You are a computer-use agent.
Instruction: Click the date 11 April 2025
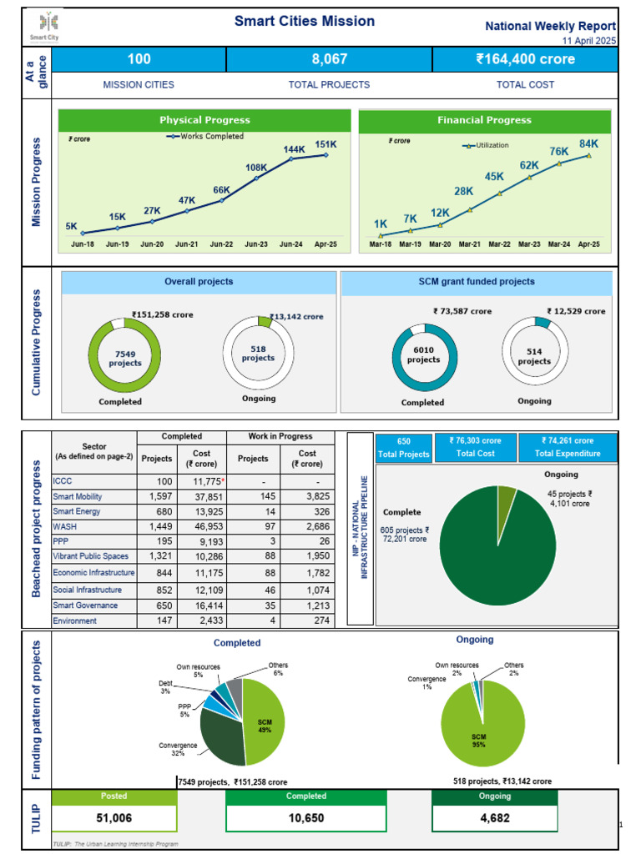[x=589, y=41]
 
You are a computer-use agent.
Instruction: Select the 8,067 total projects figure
[x=329, y=59]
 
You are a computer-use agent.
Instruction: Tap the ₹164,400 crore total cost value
[x=525, y=59]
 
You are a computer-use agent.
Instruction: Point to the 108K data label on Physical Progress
[x=255, y=168]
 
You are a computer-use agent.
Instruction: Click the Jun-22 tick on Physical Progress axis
[x=221, y=244]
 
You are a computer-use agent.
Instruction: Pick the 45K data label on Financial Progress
[x=494, y=177]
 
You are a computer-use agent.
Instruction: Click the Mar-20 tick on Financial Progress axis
[x=440, y=244]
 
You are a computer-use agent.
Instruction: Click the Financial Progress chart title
[x=484, y=120]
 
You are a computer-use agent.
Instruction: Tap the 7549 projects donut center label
[x=124, y=358]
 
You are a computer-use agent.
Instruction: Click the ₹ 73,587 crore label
[x=462, y=311]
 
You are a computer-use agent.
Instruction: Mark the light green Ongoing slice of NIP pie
[x=507, y=497]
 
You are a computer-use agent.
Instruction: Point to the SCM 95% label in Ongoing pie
[x=478, y=740]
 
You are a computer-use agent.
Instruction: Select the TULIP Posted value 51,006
[x=114, y=818]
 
